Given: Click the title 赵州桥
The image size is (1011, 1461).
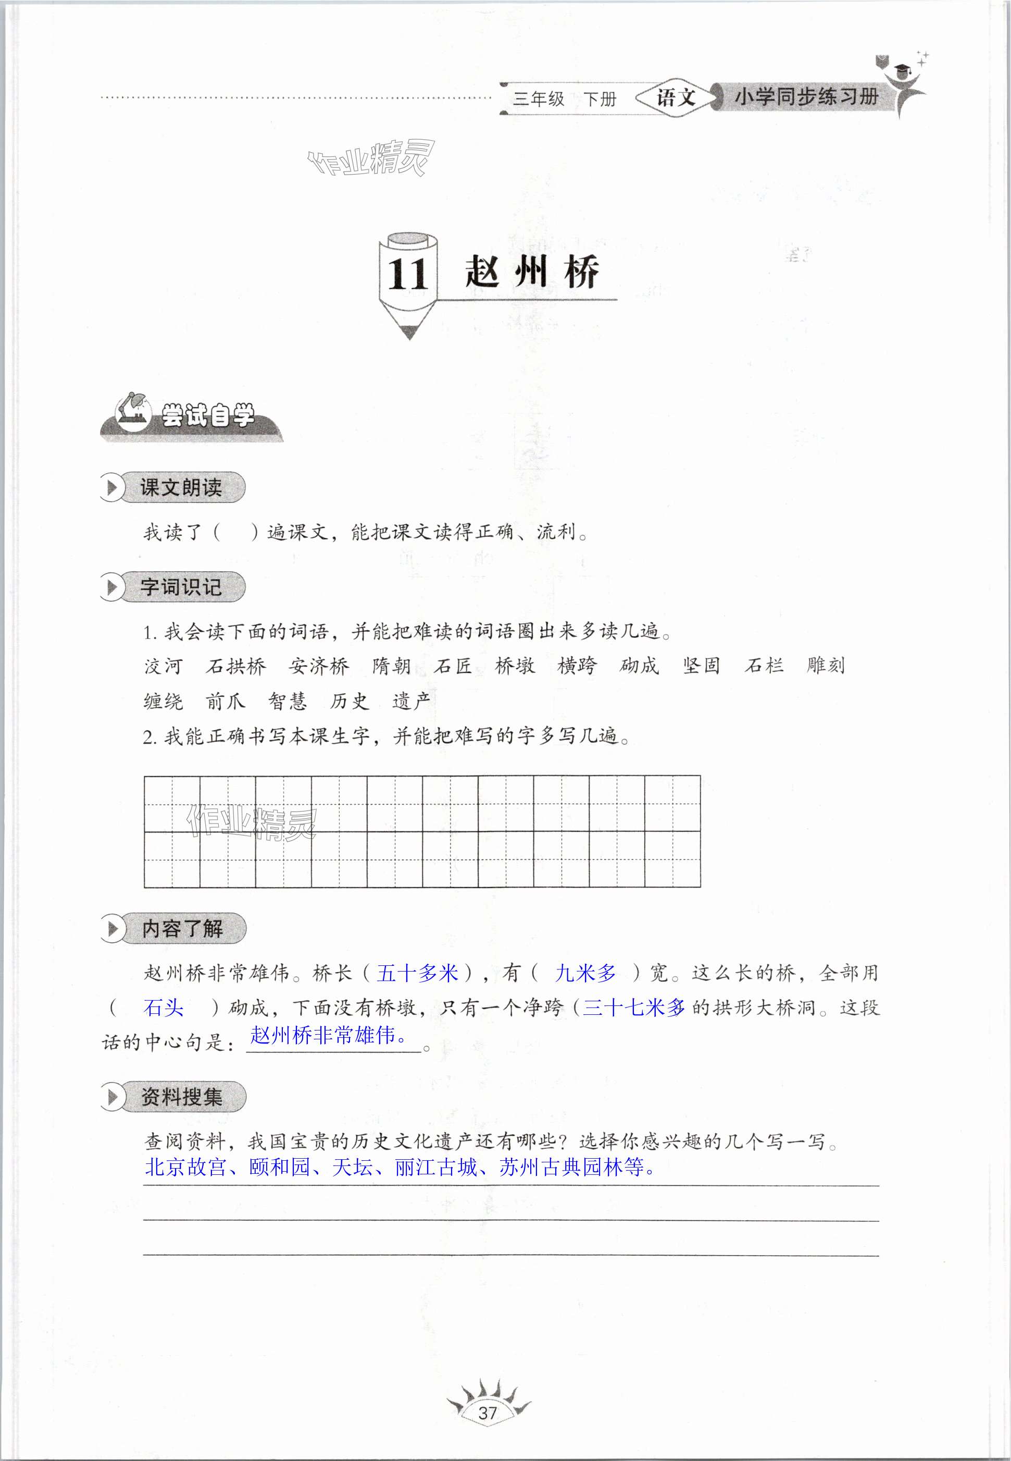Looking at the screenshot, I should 532,273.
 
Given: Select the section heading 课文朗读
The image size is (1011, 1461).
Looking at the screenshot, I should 181,487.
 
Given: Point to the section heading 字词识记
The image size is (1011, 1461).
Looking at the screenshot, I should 181,587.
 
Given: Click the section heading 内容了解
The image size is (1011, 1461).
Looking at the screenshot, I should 182,929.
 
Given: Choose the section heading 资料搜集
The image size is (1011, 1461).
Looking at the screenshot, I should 182,1097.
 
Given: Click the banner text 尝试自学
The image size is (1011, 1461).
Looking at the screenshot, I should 208,416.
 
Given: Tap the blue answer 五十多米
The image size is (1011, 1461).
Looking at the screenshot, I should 417,973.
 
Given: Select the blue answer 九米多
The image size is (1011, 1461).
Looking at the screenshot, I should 585,973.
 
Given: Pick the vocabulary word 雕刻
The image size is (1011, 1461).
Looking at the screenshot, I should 826,666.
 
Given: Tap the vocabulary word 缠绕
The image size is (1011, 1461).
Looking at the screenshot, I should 164,702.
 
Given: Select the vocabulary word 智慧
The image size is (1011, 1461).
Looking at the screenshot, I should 288,702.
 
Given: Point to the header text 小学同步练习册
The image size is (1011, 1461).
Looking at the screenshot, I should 806,97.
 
